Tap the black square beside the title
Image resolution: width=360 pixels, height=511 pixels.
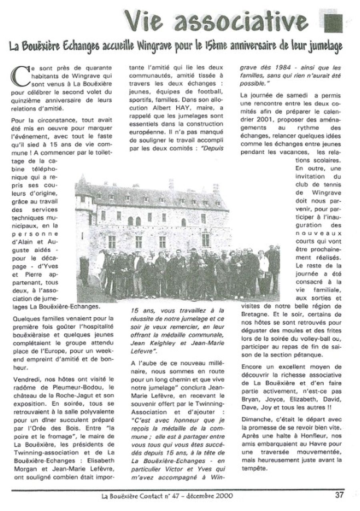pos(333,21)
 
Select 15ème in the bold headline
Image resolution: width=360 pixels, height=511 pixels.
pos(215,47)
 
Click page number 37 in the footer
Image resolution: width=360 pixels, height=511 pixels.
pos(339,494)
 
